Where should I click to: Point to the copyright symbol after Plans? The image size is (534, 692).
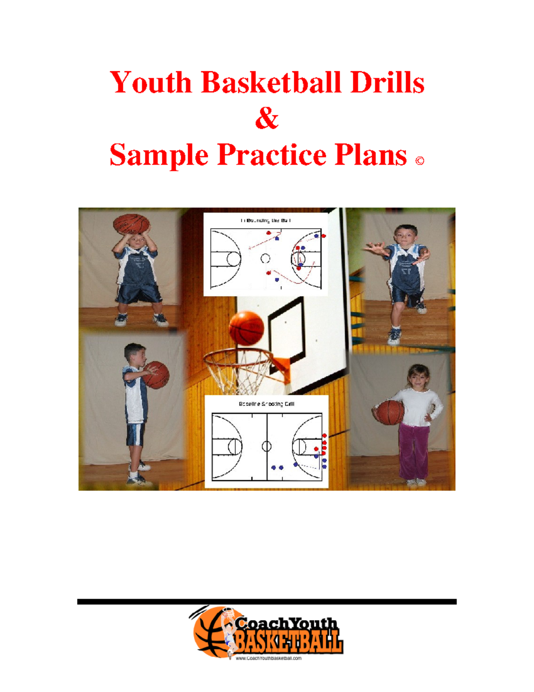point(419,161)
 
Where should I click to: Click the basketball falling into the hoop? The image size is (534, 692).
point(246,328)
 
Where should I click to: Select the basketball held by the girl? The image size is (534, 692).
point(390,413)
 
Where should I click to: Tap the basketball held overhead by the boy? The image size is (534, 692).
point(131,224)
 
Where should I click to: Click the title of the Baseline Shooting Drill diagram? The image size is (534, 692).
point(267,404)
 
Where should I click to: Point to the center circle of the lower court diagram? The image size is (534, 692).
point(267,446)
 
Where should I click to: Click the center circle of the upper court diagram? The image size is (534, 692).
point(265,258)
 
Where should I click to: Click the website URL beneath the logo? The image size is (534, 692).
point(268,658)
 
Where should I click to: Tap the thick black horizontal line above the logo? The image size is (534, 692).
point(267,602)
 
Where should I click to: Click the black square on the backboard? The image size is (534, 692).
point(287,329)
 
